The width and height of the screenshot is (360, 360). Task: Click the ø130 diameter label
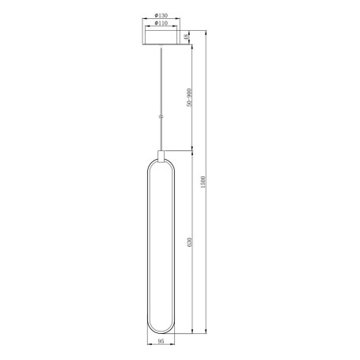tap(161, 16)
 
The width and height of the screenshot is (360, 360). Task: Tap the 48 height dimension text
tap(186, 36)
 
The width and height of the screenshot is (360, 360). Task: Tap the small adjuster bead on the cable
tap(161, 116)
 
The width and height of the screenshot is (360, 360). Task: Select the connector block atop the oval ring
tap(161, 154)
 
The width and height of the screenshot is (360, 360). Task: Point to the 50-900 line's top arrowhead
tap(191, 46)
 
